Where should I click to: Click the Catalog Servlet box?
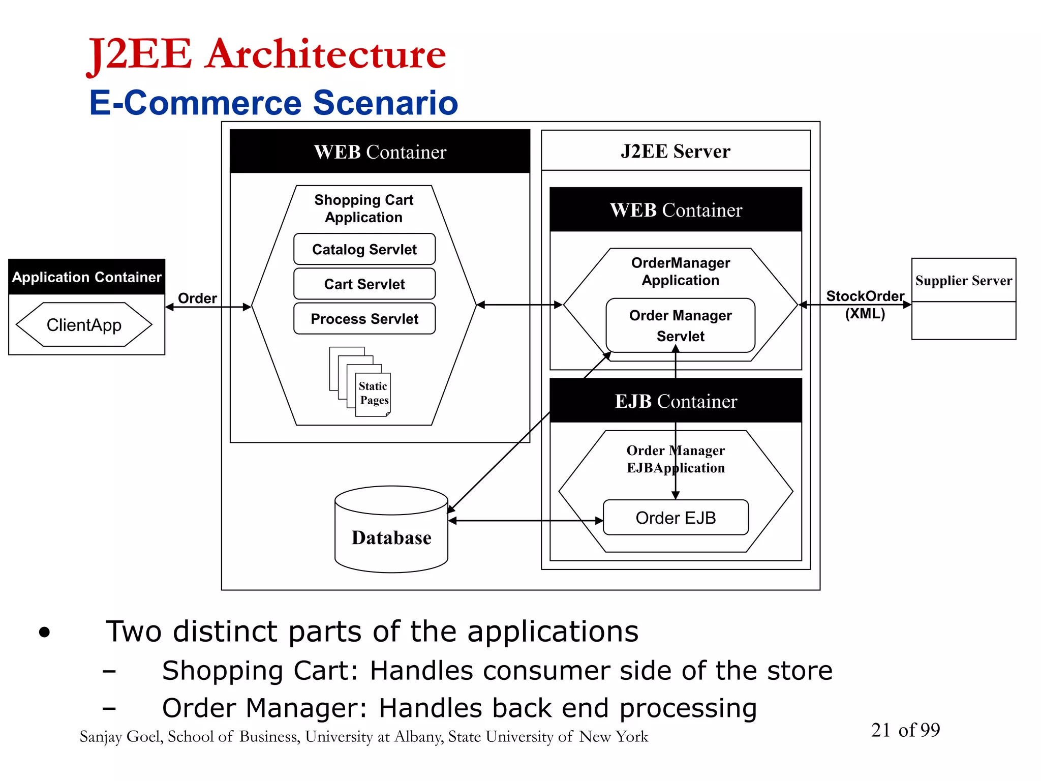click(x=364, y=249)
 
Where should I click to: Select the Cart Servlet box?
click(x=364, y=284)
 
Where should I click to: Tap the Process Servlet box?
click(x=364, y=319)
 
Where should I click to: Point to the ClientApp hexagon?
click(x=84, y=325)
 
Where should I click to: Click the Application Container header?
click(x=86, y=277)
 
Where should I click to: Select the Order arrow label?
click(x=197, y=298)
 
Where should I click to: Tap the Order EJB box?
click(x=675, y=518)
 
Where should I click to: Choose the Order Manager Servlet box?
click(x=680, y=325)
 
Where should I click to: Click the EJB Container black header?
click(x=675, y=401)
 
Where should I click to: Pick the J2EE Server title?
click(x=675, y=152)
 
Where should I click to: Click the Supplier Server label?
click(x=963, y=281)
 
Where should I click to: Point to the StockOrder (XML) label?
click(x=865, y=304)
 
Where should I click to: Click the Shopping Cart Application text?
click(x=363, y=208)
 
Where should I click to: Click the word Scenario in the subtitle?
click(x=385, y=103)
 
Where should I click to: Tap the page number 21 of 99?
click(x=905, y=730)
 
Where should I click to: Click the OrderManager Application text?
click(x=680, y=272)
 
